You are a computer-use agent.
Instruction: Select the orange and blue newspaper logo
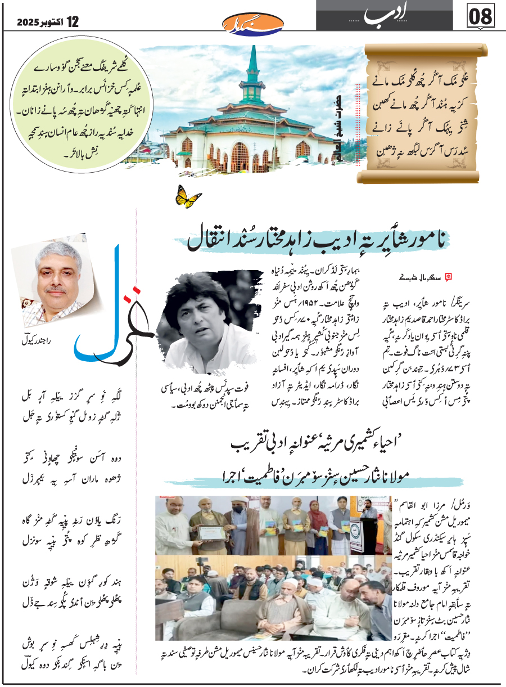pos(245,23)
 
